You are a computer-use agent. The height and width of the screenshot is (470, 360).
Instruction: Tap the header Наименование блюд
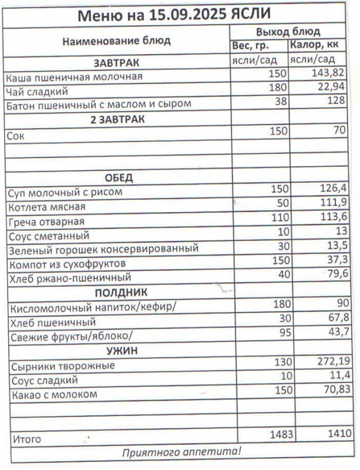tap(116, 41)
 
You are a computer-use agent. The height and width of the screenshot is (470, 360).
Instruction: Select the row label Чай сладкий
tap(36, 90)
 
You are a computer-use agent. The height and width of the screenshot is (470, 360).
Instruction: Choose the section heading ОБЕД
tap(119, 178)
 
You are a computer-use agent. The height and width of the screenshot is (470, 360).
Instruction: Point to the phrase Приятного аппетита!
tap(181, 452)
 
